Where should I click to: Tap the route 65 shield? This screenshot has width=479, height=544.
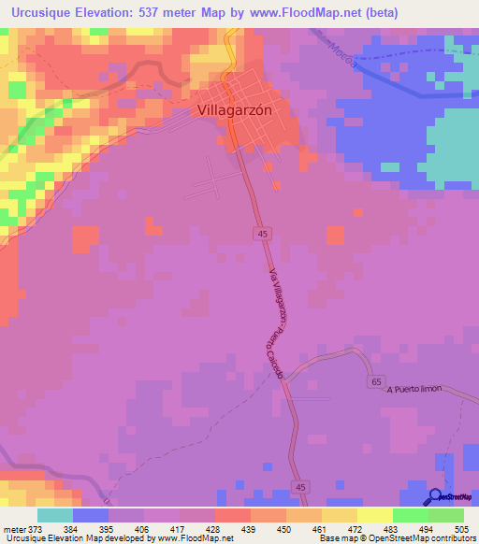pyautogui.click(x=375, y=382)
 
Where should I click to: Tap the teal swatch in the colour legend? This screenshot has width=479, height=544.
pyautogui.click(x=54, y=515)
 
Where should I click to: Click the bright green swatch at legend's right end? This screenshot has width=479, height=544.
pyautogui.click(x=446, y=515)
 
